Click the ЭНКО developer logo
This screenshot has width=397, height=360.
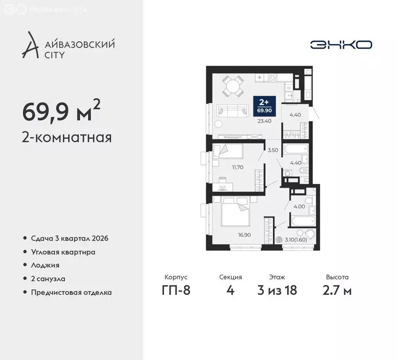coord(341,45)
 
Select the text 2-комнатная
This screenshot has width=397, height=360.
coord(67,137)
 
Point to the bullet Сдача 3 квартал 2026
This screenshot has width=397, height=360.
coord(69,239)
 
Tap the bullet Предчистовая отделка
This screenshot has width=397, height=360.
coord(71,292)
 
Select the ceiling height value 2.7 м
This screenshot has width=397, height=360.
coord(337,291)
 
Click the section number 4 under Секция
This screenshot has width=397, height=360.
coord(230,291)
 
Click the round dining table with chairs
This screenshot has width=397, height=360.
coord(232,86)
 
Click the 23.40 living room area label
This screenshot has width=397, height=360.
coord(264,120)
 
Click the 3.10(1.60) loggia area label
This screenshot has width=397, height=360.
coord(296,240)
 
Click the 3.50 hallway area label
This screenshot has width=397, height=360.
coord(273,150)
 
